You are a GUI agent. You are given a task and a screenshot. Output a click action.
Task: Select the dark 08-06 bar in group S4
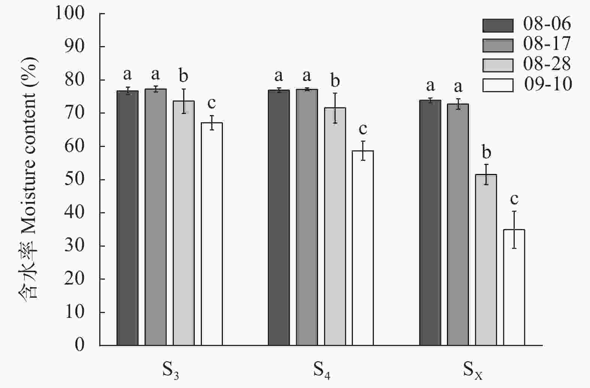[x=279, y=217]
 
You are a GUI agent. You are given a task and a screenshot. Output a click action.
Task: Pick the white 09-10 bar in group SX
[x=514, y=287]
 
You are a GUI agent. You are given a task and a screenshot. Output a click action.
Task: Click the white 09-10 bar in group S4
[x=363, y=247]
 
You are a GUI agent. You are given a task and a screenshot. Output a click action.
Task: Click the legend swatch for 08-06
[x=497, y=25]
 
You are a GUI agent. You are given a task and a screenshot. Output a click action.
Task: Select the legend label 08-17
[x=547, y=44]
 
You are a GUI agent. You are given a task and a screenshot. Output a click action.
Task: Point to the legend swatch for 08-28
[x=497, y=65]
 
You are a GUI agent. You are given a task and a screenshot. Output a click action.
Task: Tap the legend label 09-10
[x=548, y=84]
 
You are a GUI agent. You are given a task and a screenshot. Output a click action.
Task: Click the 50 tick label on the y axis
[x=75, y=179]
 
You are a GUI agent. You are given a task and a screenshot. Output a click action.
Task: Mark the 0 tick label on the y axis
[x=79, y=345]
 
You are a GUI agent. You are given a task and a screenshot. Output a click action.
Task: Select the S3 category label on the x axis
[x=171, y=370]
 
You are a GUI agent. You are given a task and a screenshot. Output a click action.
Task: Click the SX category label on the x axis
[x=472, y=370]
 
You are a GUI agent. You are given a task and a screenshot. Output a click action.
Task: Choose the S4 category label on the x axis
[x=322, y=370]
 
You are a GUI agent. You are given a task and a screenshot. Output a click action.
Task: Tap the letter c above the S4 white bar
[x=363, y=129]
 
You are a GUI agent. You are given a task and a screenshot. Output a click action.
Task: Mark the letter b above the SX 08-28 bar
[x=486, y=152]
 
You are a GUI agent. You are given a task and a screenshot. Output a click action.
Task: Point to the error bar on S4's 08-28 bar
[x=335, y=108]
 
